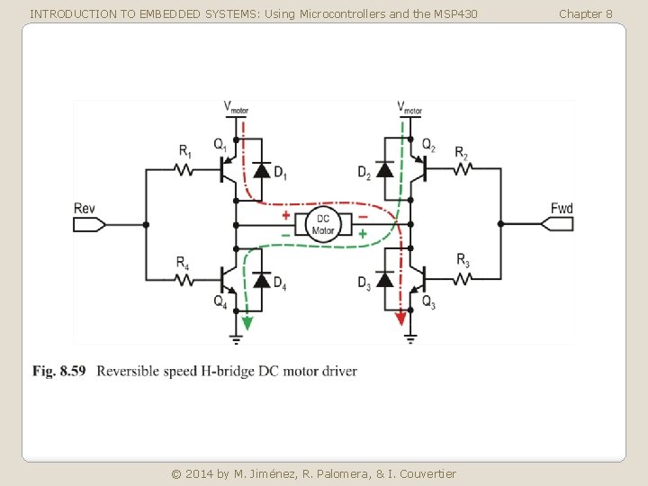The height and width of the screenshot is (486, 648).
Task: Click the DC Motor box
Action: [323, 224]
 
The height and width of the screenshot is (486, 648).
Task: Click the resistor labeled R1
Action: [185, 168]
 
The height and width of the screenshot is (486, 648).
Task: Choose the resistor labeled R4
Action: [185, 279]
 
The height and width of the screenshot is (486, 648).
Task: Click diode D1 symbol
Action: [262, 169]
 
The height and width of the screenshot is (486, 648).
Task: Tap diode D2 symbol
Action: [383, 169]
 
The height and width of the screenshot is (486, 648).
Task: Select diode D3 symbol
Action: [383, 279]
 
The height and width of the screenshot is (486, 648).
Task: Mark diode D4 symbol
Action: [262, 279]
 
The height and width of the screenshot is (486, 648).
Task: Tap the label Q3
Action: [428, 301]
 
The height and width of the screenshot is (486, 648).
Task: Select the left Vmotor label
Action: [236, 107]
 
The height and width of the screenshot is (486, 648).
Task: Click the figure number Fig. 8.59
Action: [59, 371]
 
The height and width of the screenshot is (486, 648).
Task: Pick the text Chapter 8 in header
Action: [585, 13]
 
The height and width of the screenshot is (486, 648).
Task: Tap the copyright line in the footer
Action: [314, 473]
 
